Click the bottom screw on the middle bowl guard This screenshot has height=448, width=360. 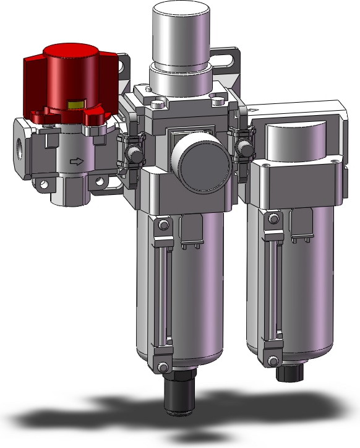pos(163,367)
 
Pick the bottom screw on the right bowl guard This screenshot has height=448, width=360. pos(273,360)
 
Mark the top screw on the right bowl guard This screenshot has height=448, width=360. pos(272,217)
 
